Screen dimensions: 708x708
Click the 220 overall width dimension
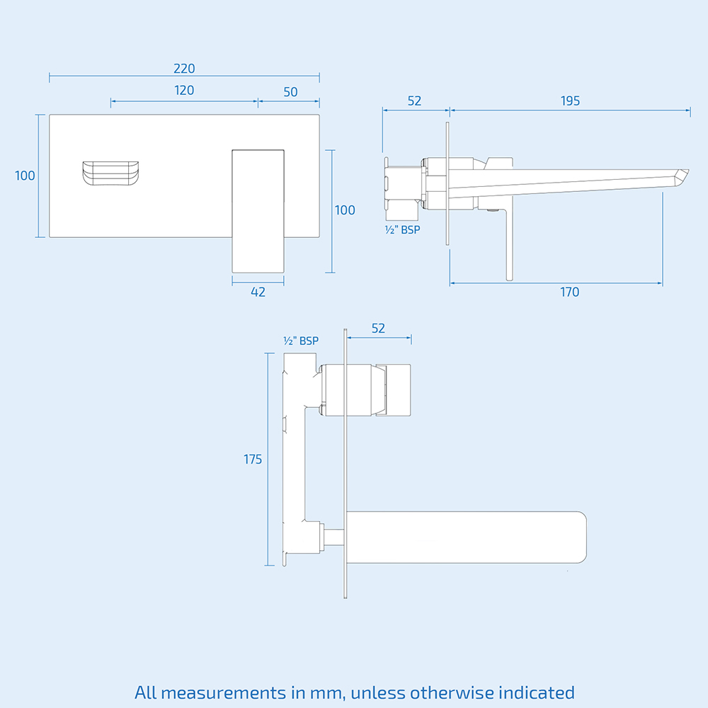[184, 69]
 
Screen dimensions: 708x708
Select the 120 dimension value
[184, 91]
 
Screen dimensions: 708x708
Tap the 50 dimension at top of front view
[290, 92]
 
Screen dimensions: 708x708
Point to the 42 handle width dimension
[258, 292]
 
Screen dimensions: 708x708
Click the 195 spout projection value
[570, 101]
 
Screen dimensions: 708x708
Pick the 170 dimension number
[569, 292]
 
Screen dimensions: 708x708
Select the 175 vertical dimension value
[253, 459]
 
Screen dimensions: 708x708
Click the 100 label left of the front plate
[25, 176]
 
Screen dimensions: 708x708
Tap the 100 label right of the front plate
[345, 210]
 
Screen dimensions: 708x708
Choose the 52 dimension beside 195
[414, 101]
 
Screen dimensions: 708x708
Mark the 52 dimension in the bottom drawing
[378, 328]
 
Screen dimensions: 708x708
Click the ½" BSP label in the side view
[401, 229]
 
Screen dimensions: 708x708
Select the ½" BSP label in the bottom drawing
[301, 341]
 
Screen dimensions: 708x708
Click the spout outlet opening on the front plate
[110, 173]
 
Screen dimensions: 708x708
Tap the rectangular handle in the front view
[258, 210]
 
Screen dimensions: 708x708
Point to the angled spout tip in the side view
[681, 176]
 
